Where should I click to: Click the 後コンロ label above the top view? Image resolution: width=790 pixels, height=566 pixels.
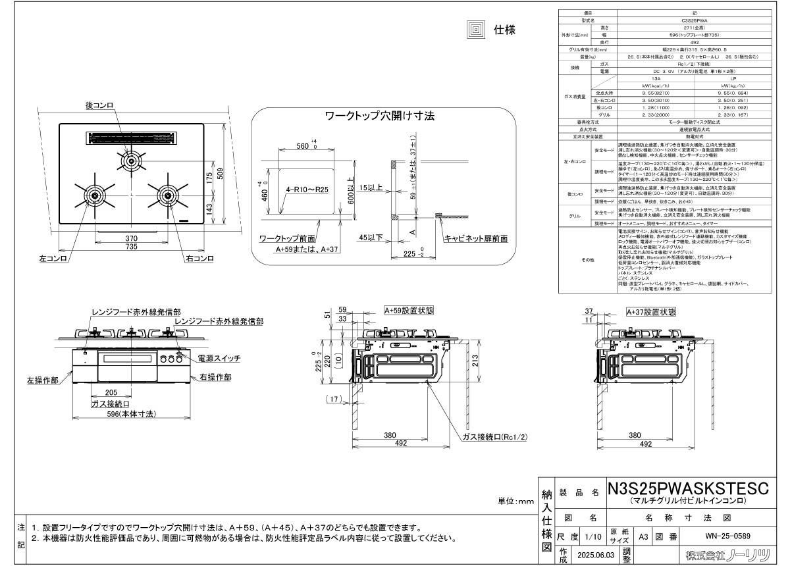(100, 105)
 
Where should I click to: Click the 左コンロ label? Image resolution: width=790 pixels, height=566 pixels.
(53, 259)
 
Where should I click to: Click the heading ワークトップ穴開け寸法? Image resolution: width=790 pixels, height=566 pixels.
(380, 116)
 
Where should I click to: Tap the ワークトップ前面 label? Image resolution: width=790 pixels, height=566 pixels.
(287, 238)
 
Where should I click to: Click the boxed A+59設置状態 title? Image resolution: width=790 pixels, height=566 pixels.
(409, 310)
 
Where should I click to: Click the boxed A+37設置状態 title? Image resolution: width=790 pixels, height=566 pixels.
(651, 312)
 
